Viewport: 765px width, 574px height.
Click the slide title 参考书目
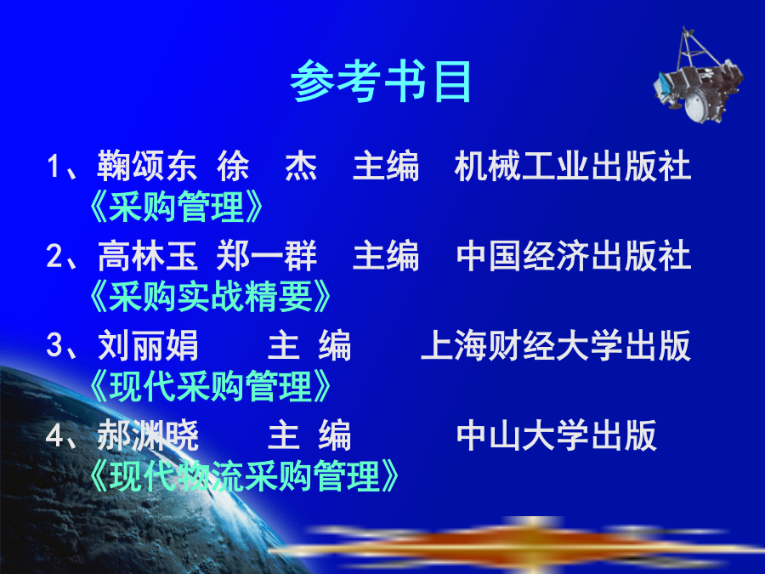pos(381,82)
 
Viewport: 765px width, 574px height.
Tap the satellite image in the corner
pos(698,76)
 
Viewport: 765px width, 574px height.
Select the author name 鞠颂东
pos(147,166)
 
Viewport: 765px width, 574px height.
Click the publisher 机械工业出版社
pos(573,166)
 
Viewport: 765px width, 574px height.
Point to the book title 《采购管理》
pos(176,207)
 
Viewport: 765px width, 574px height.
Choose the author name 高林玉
pos(147,256)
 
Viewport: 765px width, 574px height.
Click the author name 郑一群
pos(267,256)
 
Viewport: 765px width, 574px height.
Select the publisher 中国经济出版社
pos(574,256)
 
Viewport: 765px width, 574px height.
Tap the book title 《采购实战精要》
pos(210,296)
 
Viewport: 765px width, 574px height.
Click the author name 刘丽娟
pos(148,345)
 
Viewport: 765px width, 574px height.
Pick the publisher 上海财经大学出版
pos(556,345)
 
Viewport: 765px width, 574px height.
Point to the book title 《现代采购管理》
pos(210,386)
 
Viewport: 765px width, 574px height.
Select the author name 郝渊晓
pos(148,435)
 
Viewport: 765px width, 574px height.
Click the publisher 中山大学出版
pos(557,435)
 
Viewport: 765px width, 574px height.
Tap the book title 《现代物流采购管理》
pos(244,476)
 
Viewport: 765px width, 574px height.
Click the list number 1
pos(54,167)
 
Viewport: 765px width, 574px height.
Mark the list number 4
pos(54,436)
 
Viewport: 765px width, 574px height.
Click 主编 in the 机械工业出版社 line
pos(385,166)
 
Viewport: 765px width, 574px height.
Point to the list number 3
pos(54,345)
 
